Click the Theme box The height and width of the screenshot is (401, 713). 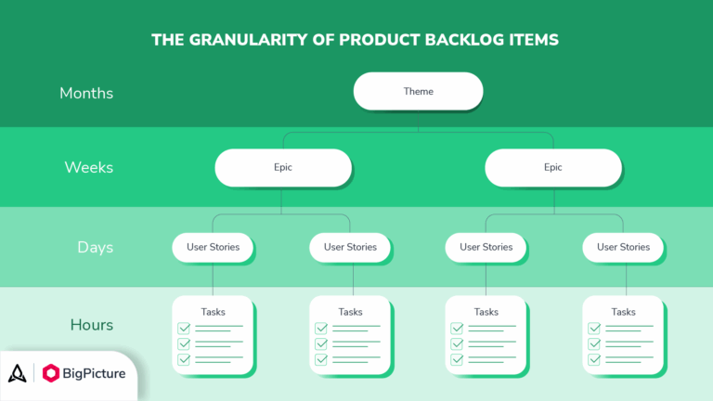418,92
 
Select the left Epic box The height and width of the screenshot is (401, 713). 282,168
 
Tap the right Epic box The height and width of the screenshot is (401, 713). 553,168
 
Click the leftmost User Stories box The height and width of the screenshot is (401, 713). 213,247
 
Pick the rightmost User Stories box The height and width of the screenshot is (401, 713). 622,247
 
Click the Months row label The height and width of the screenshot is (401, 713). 86,93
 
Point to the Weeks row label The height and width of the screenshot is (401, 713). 88,168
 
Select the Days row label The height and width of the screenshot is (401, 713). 95,247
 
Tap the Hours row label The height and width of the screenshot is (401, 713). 91,325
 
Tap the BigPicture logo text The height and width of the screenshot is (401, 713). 99,373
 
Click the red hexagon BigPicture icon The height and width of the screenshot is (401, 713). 51,373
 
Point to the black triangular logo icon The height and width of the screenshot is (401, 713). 18,373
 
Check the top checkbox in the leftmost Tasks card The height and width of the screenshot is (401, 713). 184,328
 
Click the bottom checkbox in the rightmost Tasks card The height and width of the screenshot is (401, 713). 593,359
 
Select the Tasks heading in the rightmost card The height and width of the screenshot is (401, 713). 623,312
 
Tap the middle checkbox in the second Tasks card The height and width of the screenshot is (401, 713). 321,343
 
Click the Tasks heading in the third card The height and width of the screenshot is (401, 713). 486,312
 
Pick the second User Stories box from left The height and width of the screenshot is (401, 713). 350,247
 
